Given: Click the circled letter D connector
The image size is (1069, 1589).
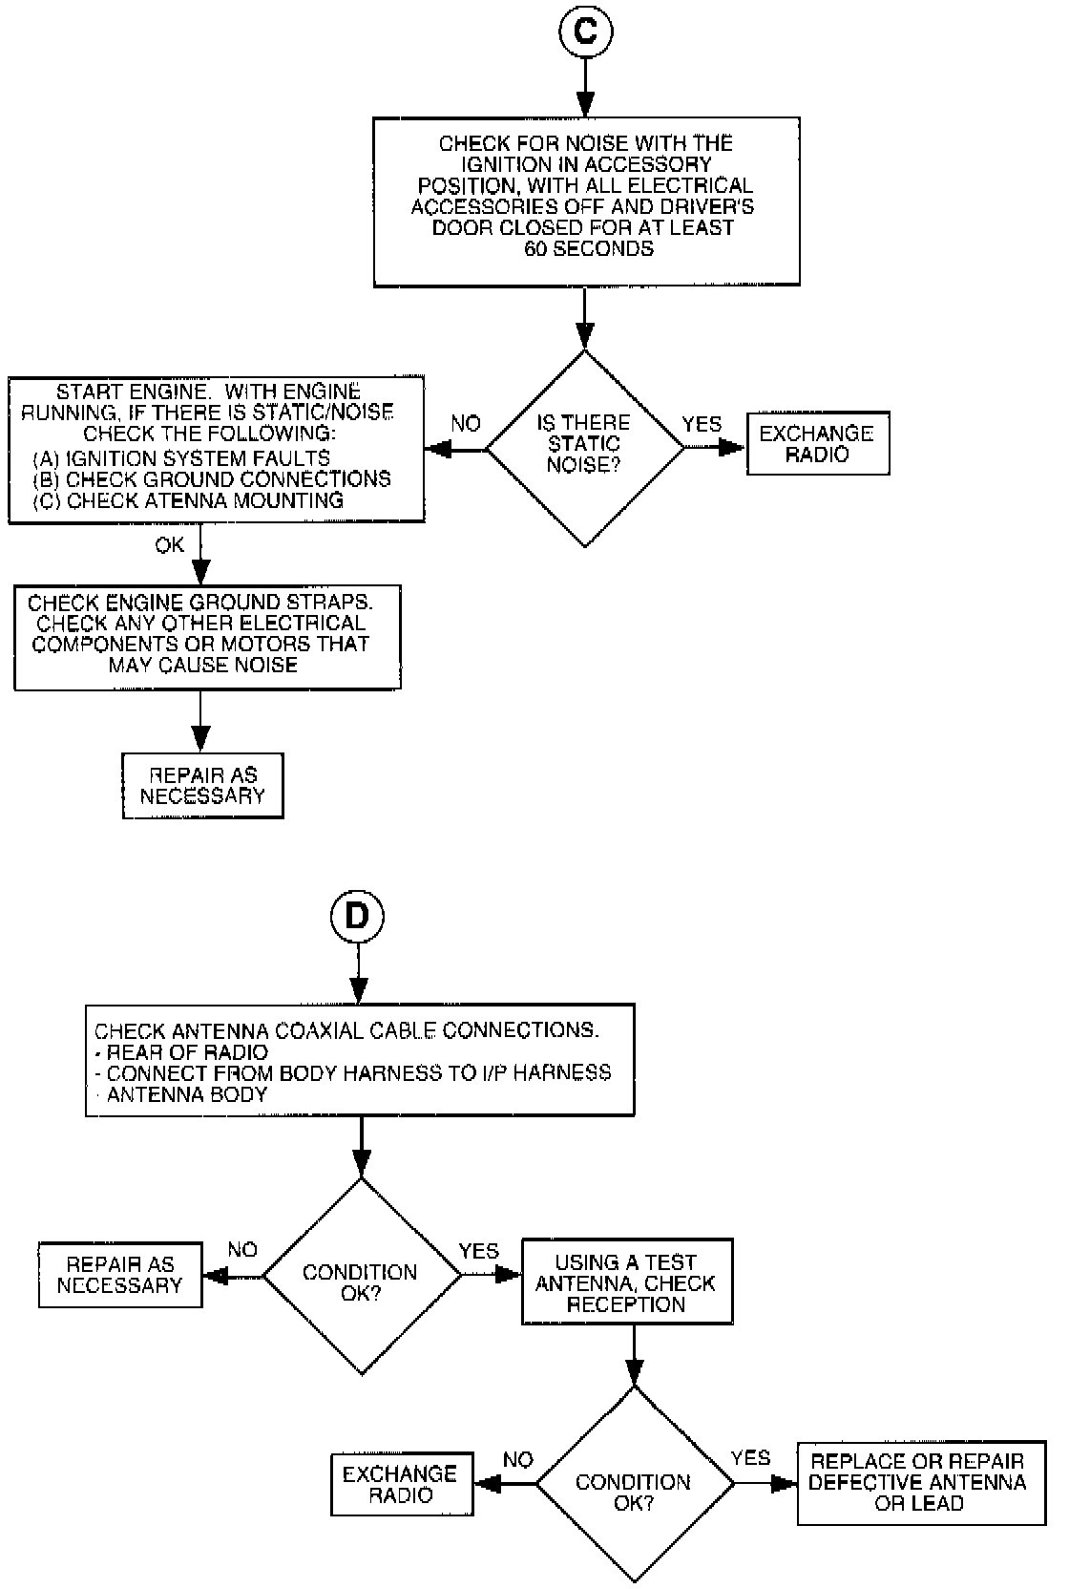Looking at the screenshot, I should (x=356, y=916).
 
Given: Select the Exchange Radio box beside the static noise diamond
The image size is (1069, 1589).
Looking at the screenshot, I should (x=817, y=444).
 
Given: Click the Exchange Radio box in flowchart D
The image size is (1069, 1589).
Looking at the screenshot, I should (x=401, y=1483).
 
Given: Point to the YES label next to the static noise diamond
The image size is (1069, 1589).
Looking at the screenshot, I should (x=702, y=424).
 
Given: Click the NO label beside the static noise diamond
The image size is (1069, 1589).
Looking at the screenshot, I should (x=465, y=424).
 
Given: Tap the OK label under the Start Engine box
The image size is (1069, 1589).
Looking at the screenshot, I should (x=170, y=545).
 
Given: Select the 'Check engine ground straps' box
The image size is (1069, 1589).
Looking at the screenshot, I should (x=206, y=636).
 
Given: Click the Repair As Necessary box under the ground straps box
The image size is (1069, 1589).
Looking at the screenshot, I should (x=202, y=785).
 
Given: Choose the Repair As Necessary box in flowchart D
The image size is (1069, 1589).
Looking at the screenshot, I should (x=120, y=1274).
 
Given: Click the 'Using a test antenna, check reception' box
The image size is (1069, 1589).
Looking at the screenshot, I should (x=626, y=1282).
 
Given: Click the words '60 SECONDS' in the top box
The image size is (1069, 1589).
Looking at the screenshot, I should (x=588, y=249).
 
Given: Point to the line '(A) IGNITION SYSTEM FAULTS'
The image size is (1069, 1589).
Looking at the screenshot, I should (x=181, y=458).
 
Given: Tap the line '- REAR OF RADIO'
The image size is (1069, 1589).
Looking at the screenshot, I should (x=181, y=1052).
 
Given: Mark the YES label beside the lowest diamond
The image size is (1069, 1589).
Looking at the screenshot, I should (x=750, y=1457).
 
